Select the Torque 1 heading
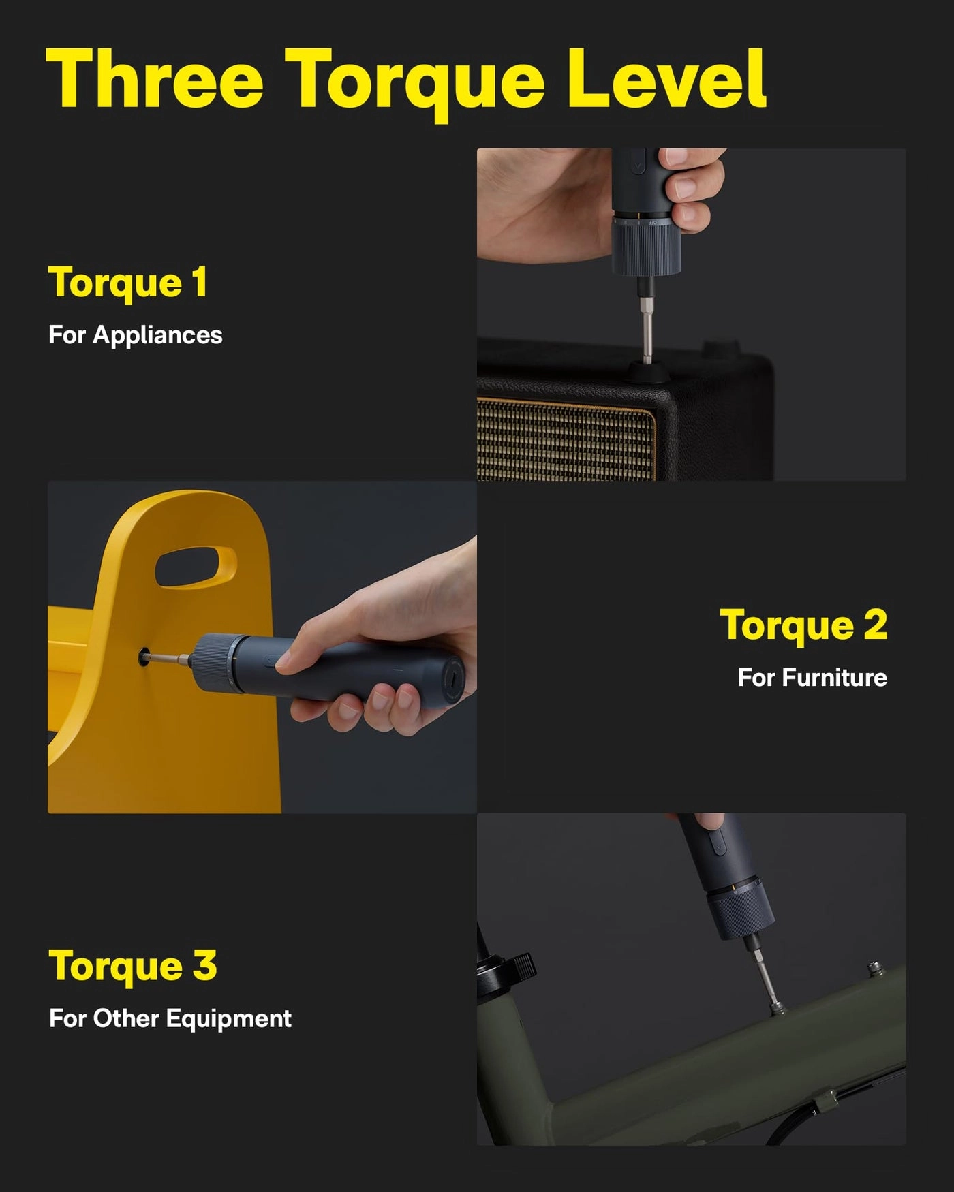pos(127,283)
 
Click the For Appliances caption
pos(135,335)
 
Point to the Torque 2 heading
pos(803,625)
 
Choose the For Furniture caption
pos(812,678)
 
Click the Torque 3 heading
pos(132,966)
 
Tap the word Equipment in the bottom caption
pos(228,1018)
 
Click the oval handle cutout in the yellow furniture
pos(196,565)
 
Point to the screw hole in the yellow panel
pos(144,657)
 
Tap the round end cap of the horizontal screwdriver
pos(452,680)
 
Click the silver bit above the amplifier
pos(647,327)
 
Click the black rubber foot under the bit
pos(647,373)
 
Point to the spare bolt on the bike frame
pos(874,967)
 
